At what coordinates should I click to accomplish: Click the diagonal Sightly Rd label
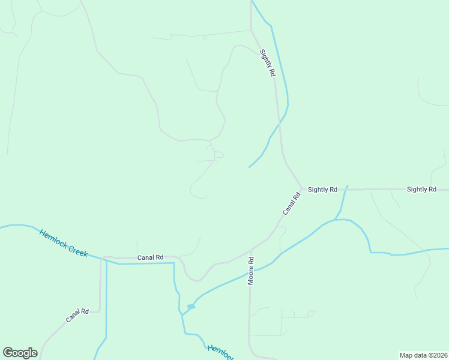[x=268, y=62]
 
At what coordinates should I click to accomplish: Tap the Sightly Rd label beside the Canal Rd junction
[x=322, y=190]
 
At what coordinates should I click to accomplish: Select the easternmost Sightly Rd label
[x=421, y=190]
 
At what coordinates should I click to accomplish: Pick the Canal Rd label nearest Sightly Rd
[x=292, y=204]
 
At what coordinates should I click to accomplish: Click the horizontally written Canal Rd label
[x=150, y=257]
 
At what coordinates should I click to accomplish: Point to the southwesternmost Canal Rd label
[x=77, y=315]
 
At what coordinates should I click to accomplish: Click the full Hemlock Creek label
[x=64, y=243]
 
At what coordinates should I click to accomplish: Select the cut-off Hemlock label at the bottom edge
[x=220, y=353]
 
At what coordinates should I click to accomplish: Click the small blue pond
[x=191, y=307]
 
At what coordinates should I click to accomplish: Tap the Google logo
[x=20, y=353]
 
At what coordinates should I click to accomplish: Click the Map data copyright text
[x=424, y=355]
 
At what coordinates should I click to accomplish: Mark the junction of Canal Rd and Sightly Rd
[x=301, y=188]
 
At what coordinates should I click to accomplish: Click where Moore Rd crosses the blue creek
[x=250, y=274]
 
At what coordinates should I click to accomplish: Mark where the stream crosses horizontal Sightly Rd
[x=345, y=190]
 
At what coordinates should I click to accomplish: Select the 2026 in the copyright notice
[x=440, y=355]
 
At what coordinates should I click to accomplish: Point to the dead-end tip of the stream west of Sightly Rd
[x=249, y=167]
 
